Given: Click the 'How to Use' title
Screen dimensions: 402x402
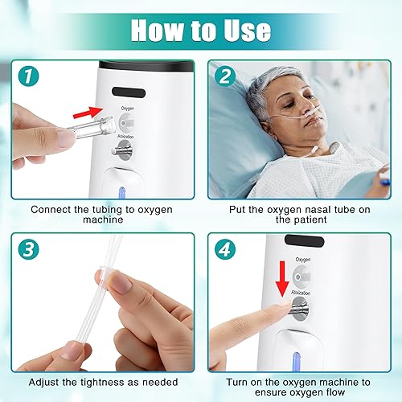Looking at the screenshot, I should [200, 30].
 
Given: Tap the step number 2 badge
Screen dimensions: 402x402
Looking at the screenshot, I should [226, 78].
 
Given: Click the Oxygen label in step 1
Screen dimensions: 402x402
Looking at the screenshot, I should [127, 107].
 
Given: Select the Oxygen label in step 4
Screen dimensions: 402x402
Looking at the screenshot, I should [303, 260].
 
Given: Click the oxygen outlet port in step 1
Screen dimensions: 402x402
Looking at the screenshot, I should [127, 121].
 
